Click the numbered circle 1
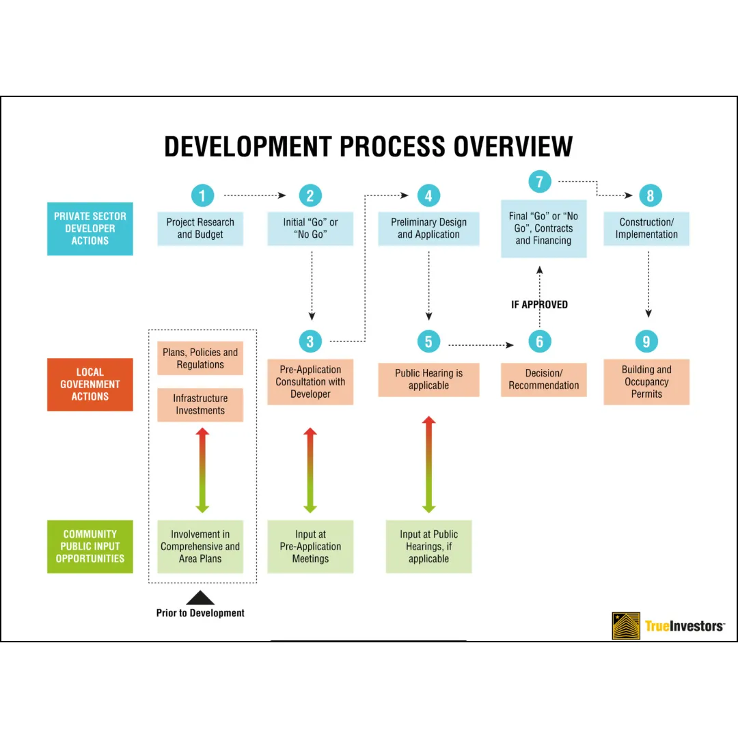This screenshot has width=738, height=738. tap(202, 196)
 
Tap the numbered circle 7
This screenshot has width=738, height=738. tap(540, 182)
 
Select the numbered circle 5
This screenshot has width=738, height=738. tap(428, 342)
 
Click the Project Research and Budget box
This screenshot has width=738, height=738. tap(200, 229)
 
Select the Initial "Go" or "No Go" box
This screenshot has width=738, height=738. tap(310, 229)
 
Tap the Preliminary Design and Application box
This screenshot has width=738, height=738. tap(428, 229)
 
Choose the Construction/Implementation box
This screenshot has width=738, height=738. tap(646, 229)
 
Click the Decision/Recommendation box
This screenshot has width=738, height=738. tap(543, 380)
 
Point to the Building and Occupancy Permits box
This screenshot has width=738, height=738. tap(646, 382)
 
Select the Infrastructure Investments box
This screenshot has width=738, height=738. tap(200, 405)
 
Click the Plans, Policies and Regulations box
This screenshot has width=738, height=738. tap(200, 359)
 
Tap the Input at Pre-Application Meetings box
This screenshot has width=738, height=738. tap(310, 547)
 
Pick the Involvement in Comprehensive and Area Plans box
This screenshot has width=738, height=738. tap(200, 547)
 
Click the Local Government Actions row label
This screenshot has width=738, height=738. tap(90, 385)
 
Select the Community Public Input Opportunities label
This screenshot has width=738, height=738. tap(90, 547)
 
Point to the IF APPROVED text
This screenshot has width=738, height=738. tap(539, 305)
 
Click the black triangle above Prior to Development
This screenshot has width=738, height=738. tap(200, 598)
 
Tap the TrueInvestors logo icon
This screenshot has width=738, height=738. tap(626, 626)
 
